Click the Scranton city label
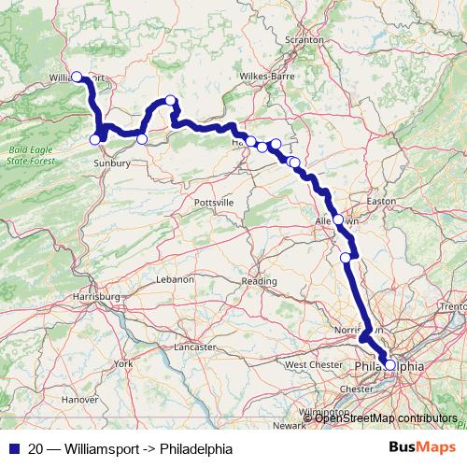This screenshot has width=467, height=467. coord(306,40)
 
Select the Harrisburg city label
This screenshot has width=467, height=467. coord(96,297)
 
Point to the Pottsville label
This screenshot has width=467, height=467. coord(214,203)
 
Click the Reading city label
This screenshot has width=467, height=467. coord(260,280)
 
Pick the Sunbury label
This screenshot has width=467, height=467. coord(112,162)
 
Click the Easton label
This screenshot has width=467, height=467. coord(382,202)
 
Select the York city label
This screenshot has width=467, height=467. coord(122,362)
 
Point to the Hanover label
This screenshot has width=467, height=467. coord(79,399)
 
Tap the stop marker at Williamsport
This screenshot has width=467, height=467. coord(77,78)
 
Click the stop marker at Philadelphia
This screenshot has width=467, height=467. coord(390,366)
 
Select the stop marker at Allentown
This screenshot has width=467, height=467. coord(338,220)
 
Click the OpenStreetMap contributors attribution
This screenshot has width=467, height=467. coord(385,417)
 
